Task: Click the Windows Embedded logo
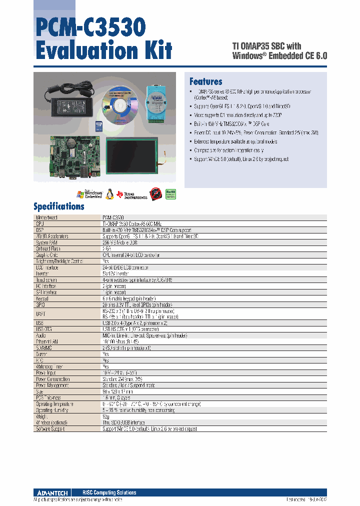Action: pyautogui.click(x=89, y=194)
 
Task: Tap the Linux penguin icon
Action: pyautogui.click(x=156, y=194)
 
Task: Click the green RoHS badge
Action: pyautogui.click(x=171, y=194)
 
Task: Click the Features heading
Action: pyautogui.click(x=205, y=82)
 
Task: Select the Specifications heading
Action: pyautogui.click(x=58, y=206)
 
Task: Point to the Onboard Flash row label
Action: pyautogui.click(x=48, y=248)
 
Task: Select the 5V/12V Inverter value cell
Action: pyautogui.click(x=115, y=273)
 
